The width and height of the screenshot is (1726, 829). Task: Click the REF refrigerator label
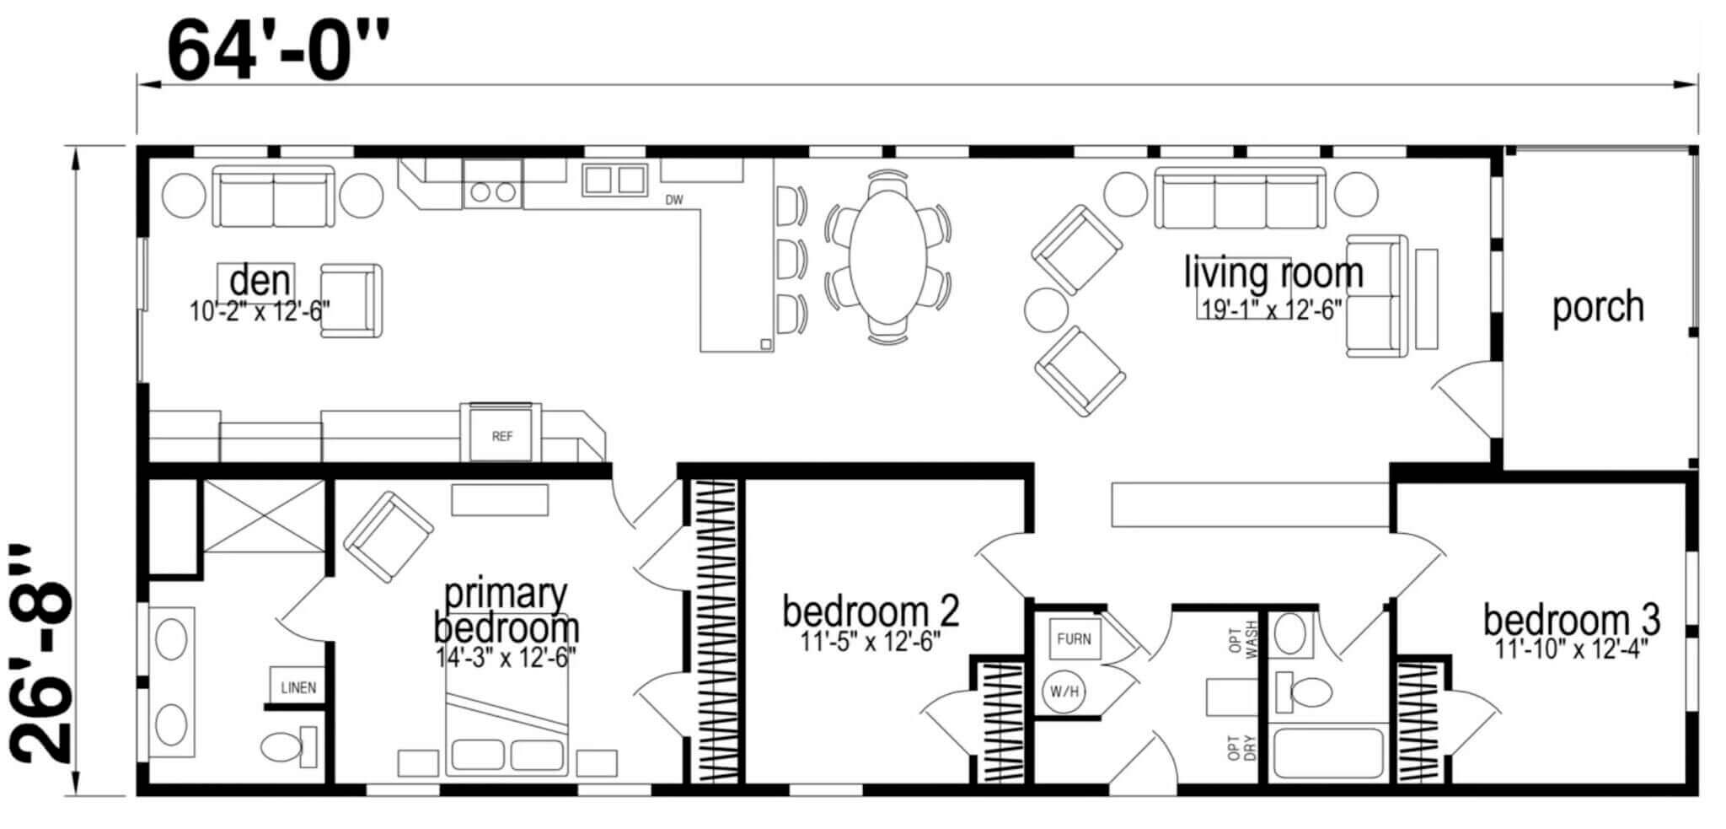tap(502, 436)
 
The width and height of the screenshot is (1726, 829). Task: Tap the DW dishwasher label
tap(674, 201)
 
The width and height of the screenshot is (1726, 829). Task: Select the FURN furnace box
tap(1074, 638)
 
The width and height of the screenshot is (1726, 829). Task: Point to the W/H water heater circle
tap(1064, 692)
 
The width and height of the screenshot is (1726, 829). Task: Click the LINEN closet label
tap(298, 687)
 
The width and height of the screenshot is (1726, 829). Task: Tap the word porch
tap(1598, 307)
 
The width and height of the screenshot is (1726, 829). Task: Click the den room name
tap(260, 280)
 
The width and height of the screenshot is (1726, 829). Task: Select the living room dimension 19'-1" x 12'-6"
tap(1271, 310)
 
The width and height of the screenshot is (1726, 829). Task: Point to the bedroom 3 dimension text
tap(1571, 649)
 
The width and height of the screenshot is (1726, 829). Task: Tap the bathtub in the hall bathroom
tap(1328, 753)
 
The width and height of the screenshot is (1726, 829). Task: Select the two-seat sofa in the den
tap(273, 196)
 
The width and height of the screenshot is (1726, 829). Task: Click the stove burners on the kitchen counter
tap(493, 192)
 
